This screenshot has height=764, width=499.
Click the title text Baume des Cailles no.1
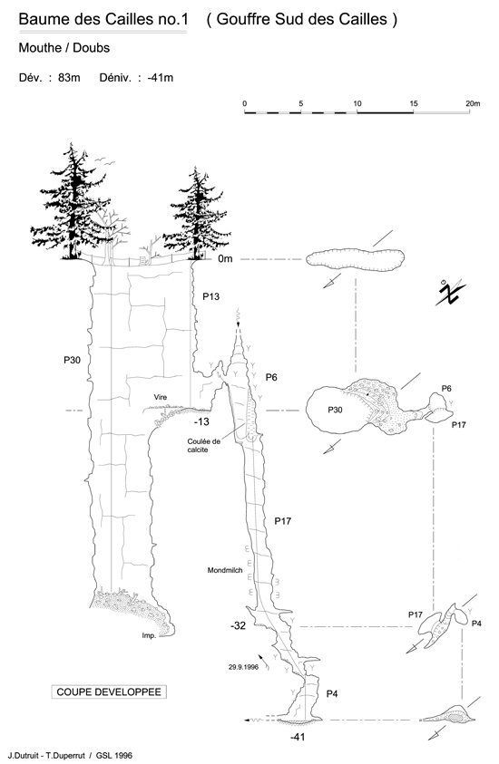pyautogui.click(x=103, y=20)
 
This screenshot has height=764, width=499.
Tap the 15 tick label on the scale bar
pyautogui.click(x=414, y=103)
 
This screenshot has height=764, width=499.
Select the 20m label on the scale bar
pyautogui.click(x=473, y=103)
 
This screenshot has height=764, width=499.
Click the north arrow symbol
pyautogui.click(x=450, y=293)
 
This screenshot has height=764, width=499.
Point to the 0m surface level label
pyautogui.click(x=225, y=258)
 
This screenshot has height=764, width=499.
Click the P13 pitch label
pyautogui.click(x=210, y=296)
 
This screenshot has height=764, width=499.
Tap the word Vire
pyautogui.click(x=161, y=397)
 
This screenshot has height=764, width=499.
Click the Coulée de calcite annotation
pyautogui.click(x=204, y=445)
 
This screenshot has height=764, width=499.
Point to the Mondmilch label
pyautogui.click(x=225, y=570)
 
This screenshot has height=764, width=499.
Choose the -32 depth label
pyautogui.click(x=238, y=625)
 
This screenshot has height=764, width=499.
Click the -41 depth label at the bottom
pyautogui.click(x=298, y=737)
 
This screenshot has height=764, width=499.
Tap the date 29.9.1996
pyautogui.click(x=243, y=667)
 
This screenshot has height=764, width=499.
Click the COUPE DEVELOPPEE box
pyautogui.click(x=109, y=691)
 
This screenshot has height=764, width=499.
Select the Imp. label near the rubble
pyautogui.click(x=149, y=635)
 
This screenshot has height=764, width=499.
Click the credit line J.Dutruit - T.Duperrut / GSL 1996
pyautogui.click(x=70, y=756)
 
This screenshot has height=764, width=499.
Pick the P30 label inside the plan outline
pyautogui.click(x=335, y=410)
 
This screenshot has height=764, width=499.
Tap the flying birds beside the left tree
pyautogui.click(x=105, y=161)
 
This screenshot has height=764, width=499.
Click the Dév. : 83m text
pyautogui.click(x=49, y=77)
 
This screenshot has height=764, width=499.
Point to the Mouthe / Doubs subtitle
pyautogui.click(x=64, y=48)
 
